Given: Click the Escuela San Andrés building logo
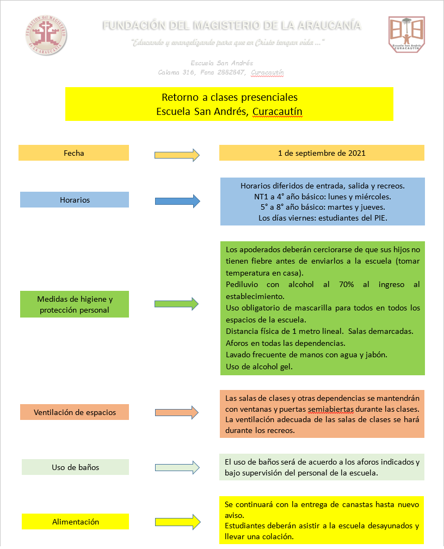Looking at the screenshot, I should click(x=406, y=34).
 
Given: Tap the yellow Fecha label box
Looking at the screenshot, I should click(x=74, y=153).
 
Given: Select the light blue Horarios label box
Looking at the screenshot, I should click(x=75, y=200).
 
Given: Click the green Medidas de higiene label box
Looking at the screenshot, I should click(x=75, y=304).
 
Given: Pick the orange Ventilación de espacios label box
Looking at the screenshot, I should click(x=75, y=412).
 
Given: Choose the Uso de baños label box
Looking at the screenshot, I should click(x=75, y=467).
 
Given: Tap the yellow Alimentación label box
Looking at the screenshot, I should click(x=75, y=522).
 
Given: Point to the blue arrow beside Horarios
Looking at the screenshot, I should click(x=177, y=201).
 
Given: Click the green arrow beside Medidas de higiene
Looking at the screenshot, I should click(x=177, y=303).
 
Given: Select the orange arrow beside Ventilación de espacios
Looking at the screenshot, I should click(x=177, y=412).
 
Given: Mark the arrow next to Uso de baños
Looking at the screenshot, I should click(x=177, y=467).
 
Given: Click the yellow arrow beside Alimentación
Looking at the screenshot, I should click(x=177, y=522).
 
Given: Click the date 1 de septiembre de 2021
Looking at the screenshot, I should click(x=322, y=153).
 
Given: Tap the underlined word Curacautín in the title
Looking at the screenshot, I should click(x=277, y=111).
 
